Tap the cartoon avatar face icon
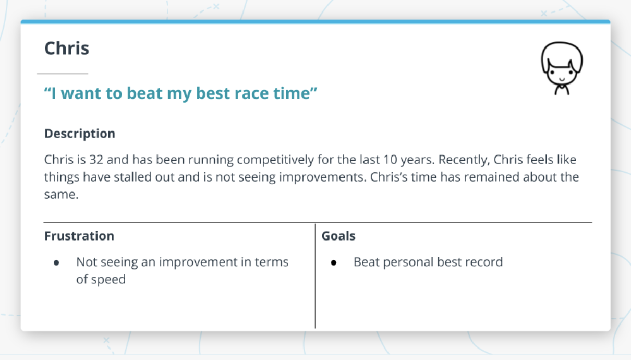[561, 68]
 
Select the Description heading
[80, 134]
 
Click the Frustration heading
[79, 236]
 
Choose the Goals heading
[338, 236]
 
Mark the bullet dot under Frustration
[56, 262]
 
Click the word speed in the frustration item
[108, 280]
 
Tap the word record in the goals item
[484, 262]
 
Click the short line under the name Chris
[62, 74]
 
